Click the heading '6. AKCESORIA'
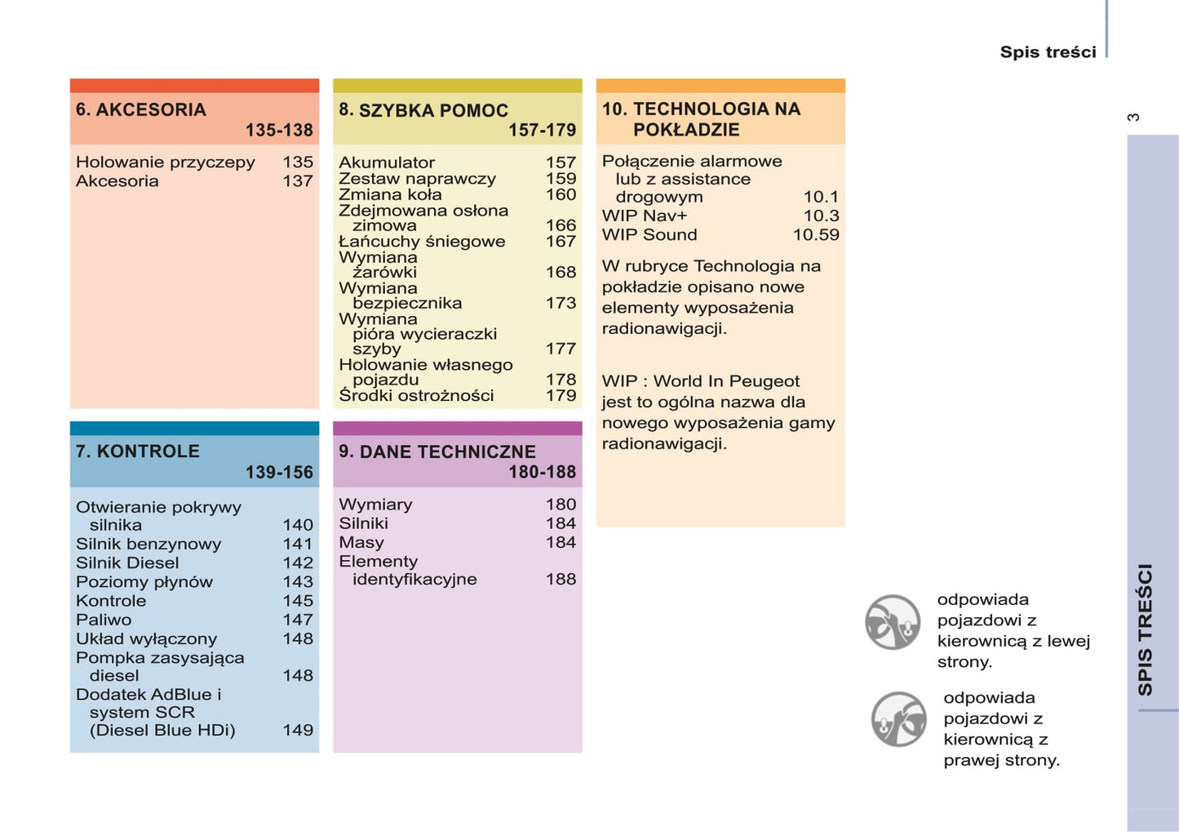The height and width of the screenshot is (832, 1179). tap(141, 109)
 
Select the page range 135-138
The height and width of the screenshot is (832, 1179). tap(279, 130)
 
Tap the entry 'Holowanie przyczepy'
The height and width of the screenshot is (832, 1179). tap(166, 162)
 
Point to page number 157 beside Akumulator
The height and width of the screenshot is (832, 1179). tap(561, 162)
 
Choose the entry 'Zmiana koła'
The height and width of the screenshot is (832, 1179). tap(390, 194)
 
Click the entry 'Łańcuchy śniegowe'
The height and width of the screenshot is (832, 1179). tap(422, 241)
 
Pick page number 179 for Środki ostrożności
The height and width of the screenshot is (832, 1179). tap(561, 395)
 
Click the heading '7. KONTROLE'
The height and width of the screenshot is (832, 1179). tap(138, 452)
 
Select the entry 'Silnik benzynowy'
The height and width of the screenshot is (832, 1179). tap(148, 544)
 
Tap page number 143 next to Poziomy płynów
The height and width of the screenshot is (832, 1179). tap(298, 581)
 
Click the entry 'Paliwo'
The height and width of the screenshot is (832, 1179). tap(104, 620)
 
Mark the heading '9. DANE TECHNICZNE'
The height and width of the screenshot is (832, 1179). tap(437, 452)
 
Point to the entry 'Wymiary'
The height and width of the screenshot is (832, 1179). tap(375, 505)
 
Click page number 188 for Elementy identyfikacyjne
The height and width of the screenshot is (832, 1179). tap(561, 579)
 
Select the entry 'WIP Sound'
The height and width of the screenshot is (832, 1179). tap(649, 234)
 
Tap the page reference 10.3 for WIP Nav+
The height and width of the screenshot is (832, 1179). tap(821, 216)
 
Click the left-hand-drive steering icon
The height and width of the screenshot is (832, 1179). tap(893, 622)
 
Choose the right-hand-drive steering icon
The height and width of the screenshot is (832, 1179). tap(898, 719)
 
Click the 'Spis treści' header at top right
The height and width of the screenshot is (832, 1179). tap(1048, 52)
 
